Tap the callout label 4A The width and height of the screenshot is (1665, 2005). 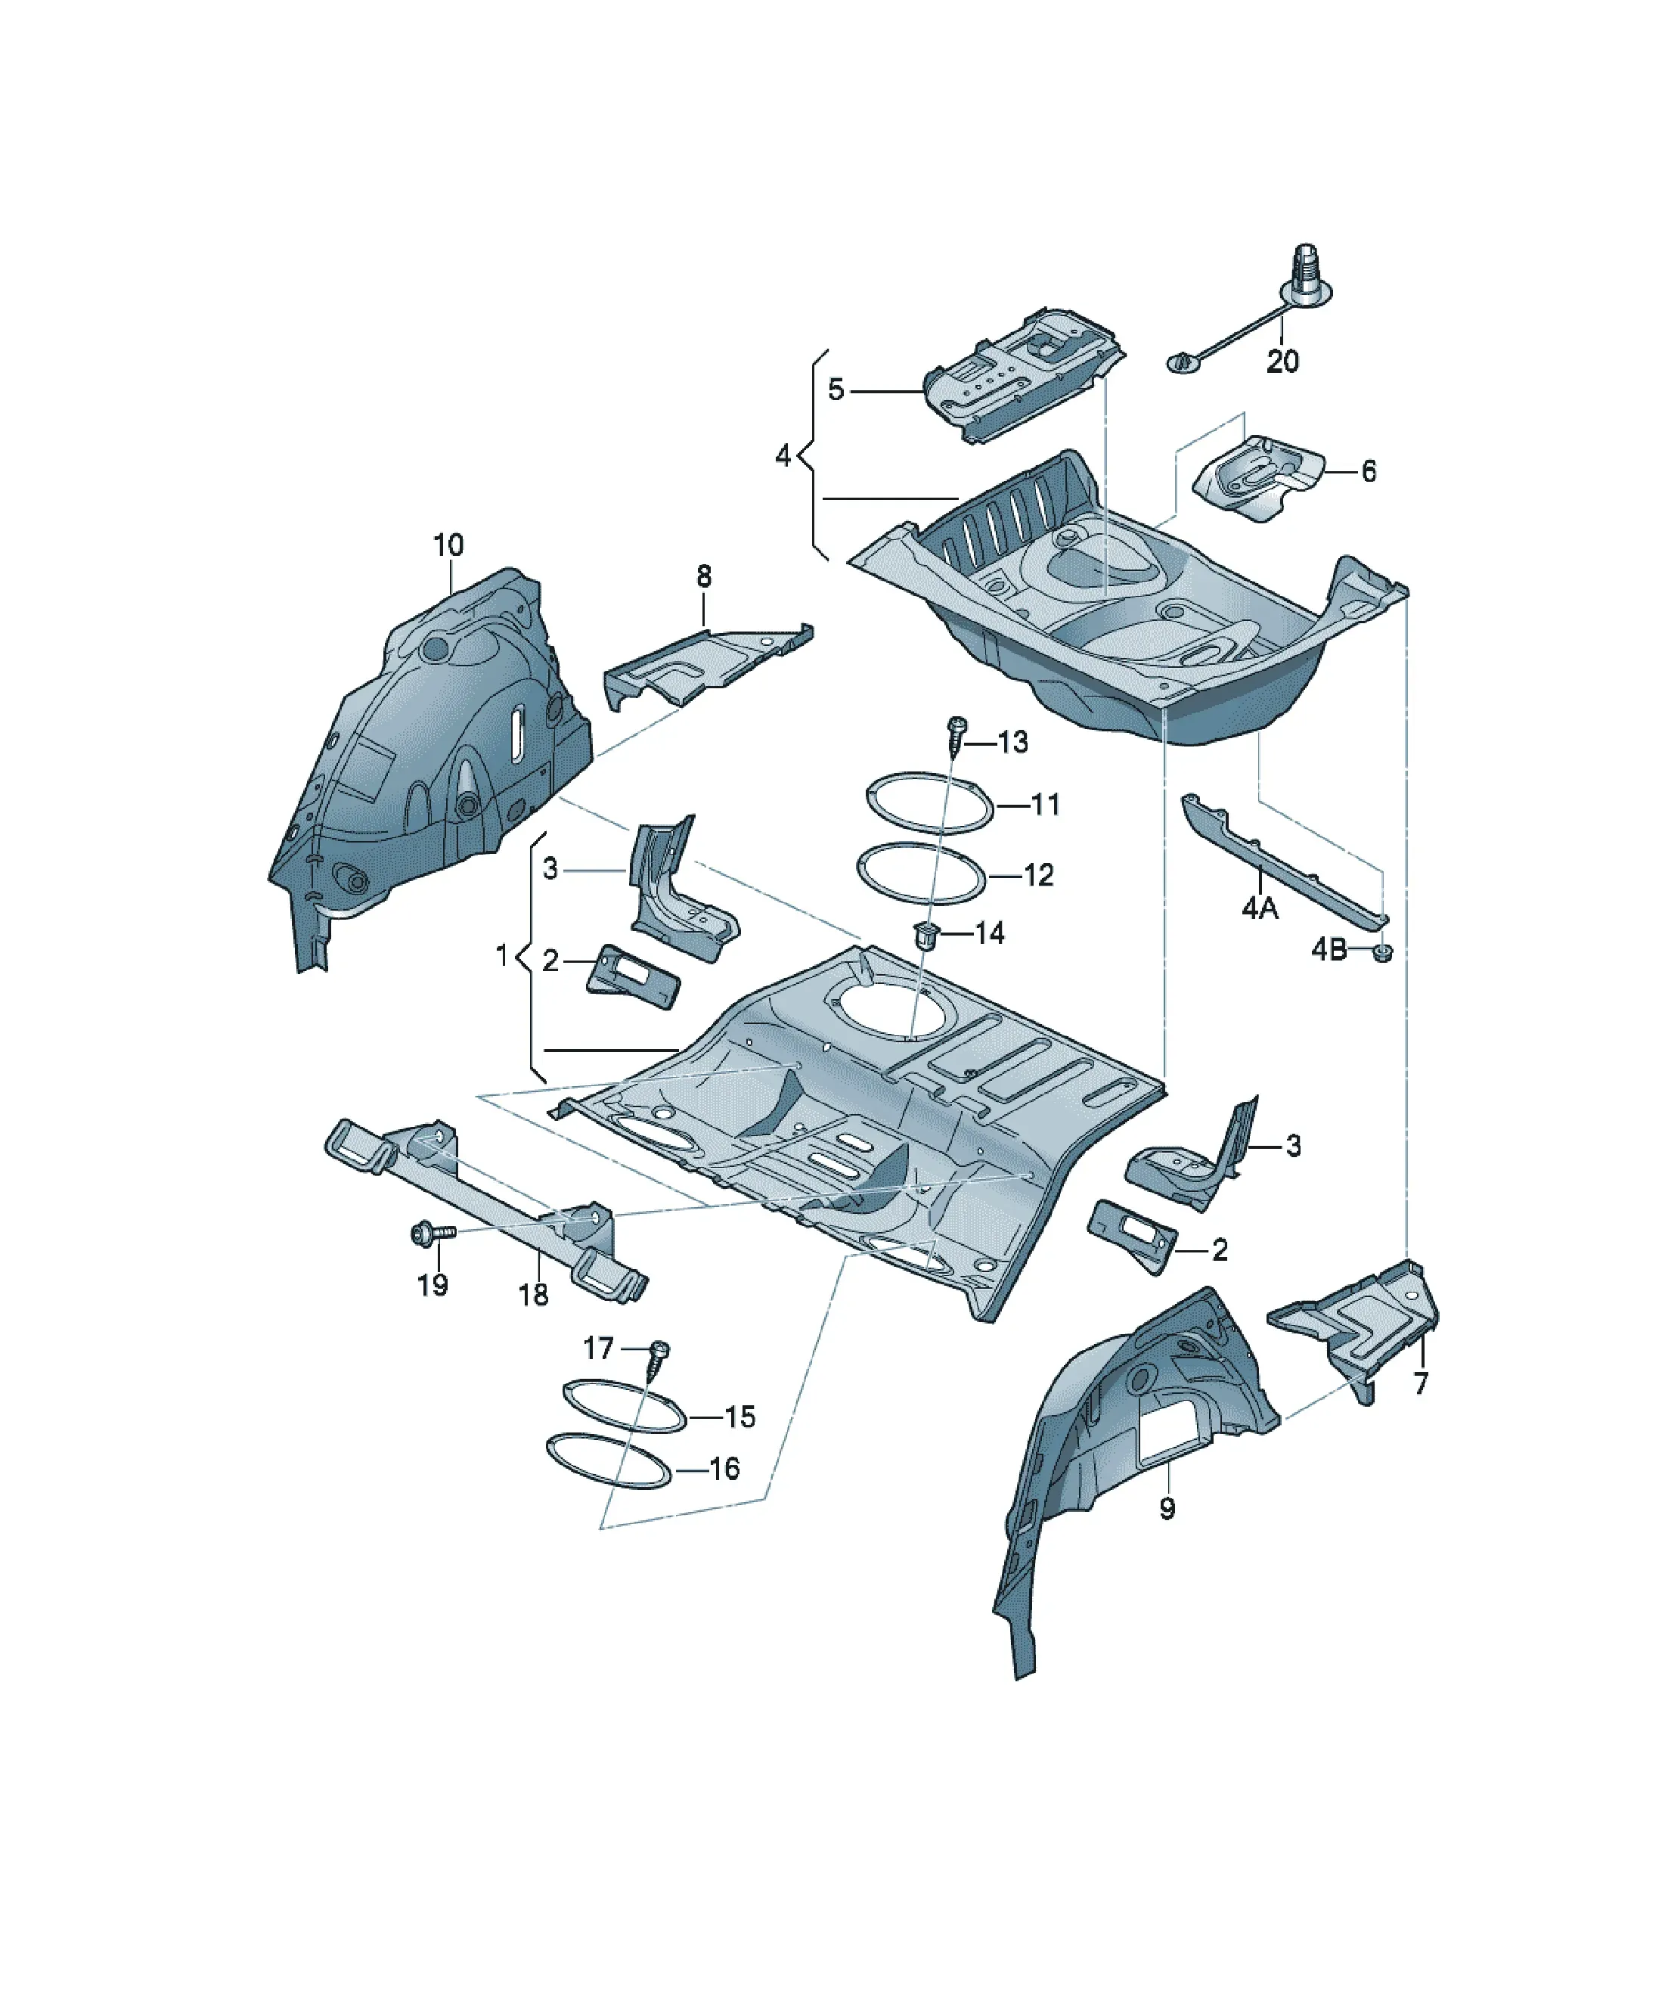(x=1259, y=908)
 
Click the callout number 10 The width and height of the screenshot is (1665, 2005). (x=448, y=545)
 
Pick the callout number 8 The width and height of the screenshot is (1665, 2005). (x=704, y=576)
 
